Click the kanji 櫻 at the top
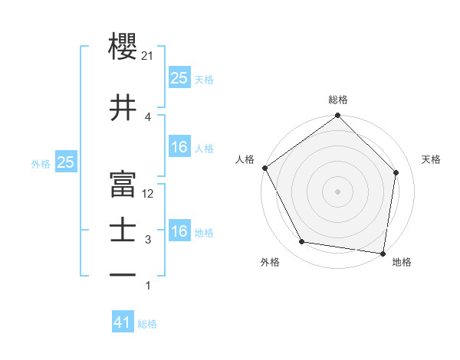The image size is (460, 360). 123,46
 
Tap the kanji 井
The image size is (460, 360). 123,108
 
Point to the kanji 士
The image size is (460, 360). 123,231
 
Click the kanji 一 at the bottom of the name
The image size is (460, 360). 123,274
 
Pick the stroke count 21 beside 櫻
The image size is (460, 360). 149,56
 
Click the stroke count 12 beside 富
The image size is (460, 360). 149,194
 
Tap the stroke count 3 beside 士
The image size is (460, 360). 149,240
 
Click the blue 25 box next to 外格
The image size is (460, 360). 65,162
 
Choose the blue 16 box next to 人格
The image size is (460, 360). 179,147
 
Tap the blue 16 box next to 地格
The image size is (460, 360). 179,231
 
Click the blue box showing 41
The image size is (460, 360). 123,323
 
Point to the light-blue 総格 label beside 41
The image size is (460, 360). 147,324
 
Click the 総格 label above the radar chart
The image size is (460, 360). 338,100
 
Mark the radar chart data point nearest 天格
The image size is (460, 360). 396,172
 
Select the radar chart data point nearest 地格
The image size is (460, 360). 383,253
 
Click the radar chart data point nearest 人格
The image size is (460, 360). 264,168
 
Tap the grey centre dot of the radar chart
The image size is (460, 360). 338,191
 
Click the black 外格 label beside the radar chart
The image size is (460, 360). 270,262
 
